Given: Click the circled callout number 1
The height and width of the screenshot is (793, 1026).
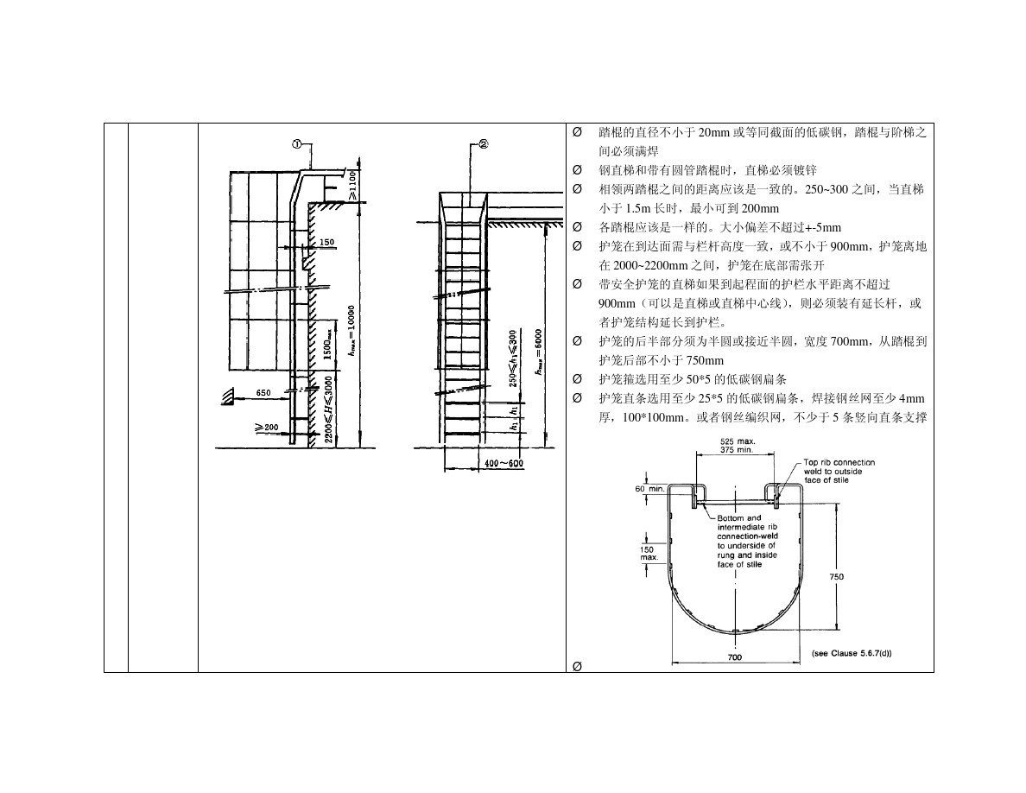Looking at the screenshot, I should (296, 145).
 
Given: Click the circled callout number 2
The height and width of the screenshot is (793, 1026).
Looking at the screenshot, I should (483, 145).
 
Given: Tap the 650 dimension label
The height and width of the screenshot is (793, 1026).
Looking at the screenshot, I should (263, 392).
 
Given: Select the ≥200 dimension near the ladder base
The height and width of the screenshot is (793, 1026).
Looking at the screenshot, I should (266, 428).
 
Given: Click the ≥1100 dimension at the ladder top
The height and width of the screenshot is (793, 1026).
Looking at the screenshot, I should (353, 185).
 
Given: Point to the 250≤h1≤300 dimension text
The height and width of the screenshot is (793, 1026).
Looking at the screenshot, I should (513, 358).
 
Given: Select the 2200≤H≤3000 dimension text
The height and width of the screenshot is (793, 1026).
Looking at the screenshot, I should (329, 409).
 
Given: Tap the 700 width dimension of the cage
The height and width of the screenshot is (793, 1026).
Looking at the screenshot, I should (734, 657).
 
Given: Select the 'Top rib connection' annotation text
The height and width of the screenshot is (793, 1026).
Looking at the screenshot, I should (839, 462).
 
